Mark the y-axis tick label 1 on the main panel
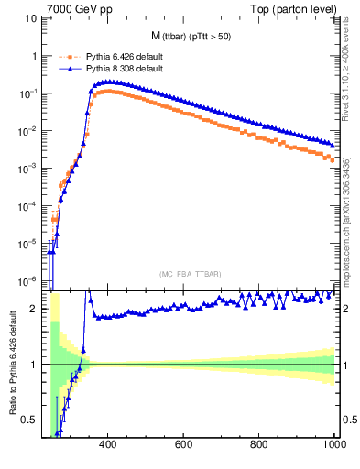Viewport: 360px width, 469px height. (x=37, y=57)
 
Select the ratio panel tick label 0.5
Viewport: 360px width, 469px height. (x=32, y=420)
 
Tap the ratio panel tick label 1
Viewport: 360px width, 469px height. (x=37, y=365)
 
